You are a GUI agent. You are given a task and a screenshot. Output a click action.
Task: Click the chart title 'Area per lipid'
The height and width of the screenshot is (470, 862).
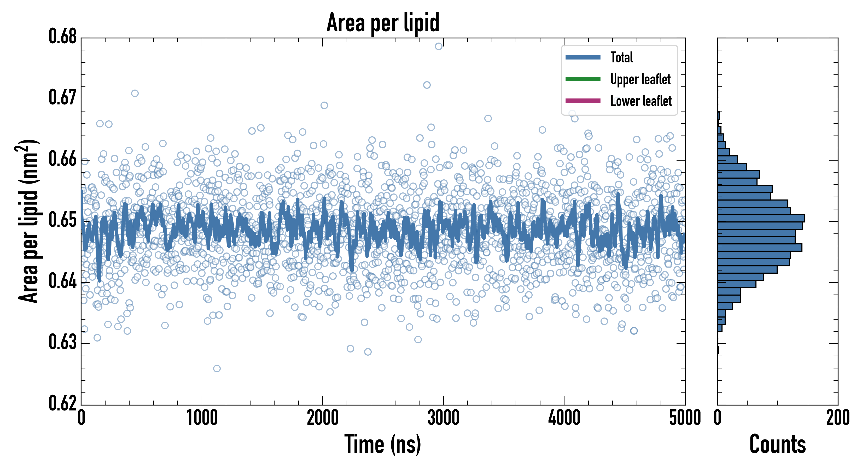[x=383, y=22]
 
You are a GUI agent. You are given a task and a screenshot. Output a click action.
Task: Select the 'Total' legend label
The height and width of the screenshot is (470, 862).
[x=621, y=57]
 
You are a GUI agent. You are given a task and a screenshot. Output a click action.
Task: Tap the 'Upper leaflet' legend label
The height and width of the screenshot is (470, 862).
[x=640, y=79]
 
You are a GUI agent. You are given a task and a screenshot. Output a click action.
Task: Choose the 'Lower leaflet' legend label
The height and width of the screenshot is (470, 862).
[x=641, y=101]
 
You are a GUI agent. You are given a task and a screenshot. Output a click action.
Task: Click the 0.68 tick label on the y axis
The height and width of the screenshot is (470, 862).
[x=63, y=37]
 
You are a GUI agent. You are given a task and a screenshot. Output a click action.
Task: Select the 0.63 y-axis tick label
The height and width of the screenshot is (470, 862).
[x=63, y=343]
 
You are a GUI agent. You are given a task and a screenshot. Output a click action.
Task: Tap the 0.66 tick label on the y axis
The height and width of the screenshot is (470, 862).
[x=63, y=159]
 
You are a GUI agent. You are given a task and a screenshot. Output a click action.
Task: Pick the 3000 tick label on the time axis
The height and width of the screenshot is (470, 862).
[x=443, y=418]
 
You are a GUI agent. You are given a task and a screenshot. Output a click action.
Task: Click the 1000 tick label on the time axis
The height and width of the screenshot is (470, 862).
[x=202, y=418]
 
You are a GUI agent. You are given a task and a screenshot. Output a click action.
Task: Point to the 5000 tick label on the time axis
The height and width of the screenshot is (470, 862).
[x=685, y=418]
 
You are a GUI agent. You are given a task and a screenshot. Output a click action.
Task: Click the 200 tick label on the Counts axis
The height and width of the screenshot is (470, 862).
[x=837, y=418]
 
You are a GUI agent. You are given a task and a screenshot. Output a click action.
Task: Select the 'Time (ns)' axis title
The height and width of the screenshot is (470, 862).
[x=383, y=444]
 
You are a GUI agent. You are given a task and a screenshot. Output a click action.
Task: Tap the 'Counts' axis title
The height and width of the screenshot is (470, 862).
[x=777, y=444]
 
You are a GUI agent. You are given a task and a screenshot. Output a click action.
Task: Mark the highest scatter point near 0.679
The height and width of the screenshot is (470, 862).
[x=439, y=46]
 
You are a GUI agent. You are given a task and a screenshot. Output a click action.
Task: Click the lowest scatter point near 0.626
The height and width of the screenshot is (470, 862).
[x=217, y=369]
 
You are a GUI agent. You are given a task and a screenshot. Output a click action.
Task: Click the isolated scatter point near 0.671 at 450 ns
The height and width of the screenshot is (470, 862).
[x=135, y=93]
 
